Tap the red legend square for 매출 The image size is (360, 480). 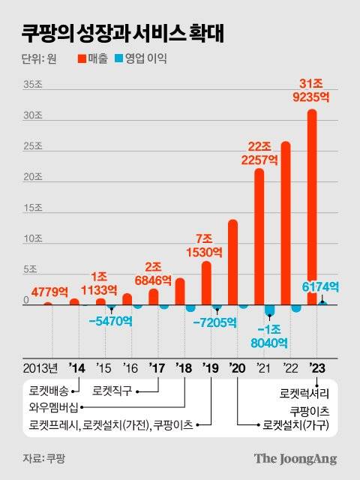point(82,58)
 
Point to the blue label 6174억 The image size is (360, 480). point(322,286)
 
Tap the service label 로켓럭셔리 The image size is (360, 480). point(304,392)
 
